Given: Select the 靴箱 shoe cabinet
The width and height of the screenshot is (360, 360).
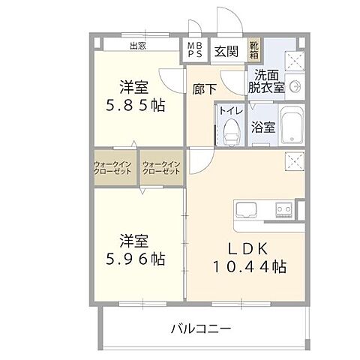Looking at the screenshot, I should click(x=256, y=50).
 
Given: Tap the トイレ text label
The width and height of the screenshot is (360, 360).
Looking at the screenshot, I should click(x=229, y=109).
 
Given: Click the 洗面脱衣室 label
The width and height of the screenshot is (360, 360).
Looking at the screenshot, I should click(x=267, y=81).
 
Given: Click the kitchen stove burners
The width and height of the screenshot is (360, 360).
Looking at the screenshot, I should click(x=284, y=208).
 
